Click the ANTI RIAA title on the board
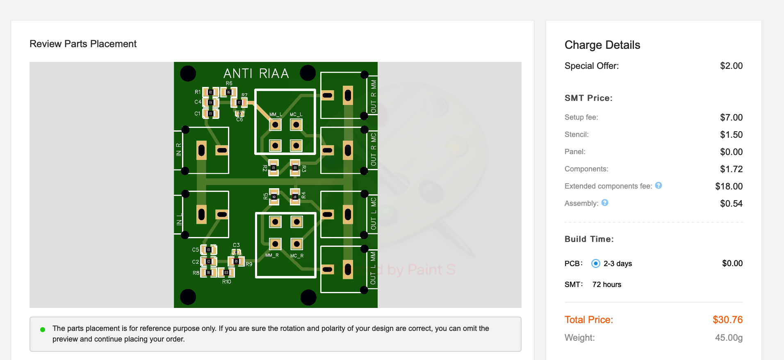(x=256, y=73)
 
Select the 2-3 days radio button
(x=596, y=263)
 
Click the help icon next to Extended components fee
(x=659, y=185)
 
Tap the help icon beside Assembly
(x=605, y=203)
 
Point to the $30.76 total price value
(x=727, y=320)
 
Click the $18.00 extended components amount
(x=729, y=186)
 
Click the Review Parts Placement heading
(x=83, y=44)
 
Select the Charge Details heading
(x=602, y=45)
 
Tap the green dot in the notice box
(x=43, y=329)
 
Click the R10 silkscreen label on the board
(x=227, y=282)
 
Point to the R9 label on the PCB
(x=249, y=264)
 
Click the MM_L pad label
(x=276, y=114)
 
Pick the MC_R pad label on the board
(x=297, y=256)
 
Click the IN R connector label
(x=179, y=150)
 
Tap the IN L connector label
(x=179, y=219)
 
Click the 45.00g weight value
(x=729, y=338)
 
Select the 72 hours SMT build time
(x=606, y=285)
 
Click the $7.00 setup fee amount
(x=731, y=117)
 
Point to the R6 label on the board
(x=229, y=83)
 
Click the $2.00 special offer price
(x=731, y=66)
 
